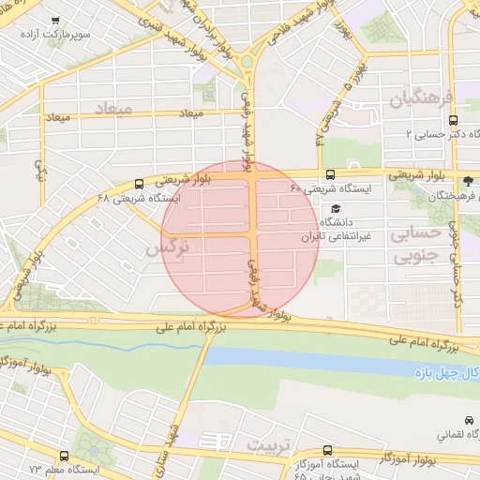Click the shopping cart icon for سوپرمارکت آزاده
(x=56, y=21)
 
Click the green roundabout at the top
(x=248, y=64)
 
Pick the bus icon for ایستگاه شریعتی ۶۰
(x=330, y=174)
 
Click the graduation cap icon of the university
(x=336, y=209)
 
